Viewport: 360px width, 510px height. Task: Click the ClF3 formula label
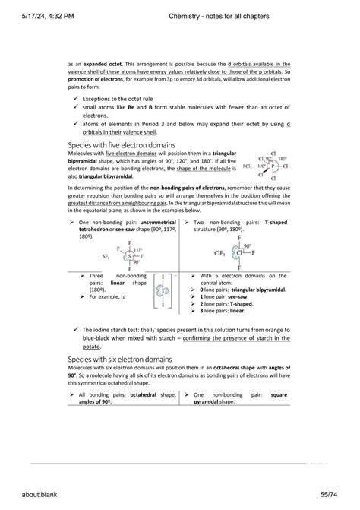pos(218,255)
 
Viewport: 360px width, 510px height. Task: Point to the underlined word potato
pos(90,346)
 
